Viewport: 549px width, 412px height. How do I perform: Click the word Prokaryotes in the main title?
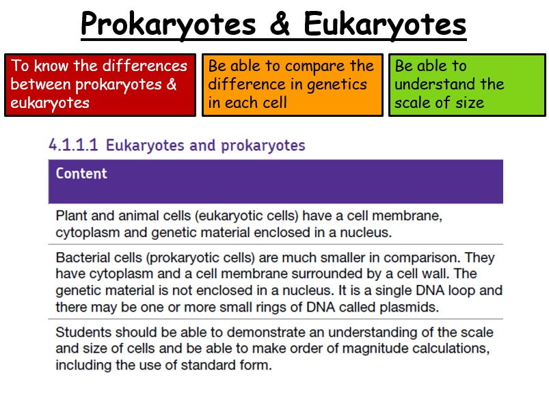point(168,25)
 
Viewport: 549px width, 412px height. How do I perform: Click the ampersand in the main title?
point(280,23)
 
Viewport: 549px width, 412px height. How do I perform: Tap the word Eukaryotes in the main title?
point(385,25)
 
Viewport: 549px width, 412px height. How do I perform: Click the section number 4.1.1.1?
point(73,145)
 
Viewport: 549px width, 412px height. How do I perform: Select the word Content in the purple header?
point(81,174)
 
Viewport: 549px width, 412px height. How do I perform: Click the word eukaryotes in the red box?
point(50,103)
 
